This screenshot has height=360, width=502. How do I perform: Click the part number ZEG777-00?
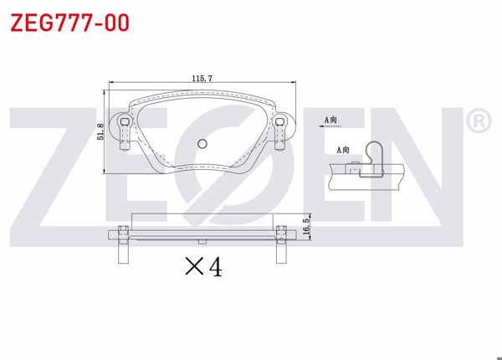69,23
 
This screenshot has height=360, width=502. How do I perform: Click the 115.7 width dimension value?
202,78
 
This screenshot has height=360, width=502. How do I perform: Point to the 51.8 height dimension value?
100,131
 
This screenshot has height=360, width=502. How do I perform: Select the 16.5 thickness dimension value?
307,228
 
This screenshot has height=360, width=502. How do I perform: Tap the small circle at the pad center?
201,143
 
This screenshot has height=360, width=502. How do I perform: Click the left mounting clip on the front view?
124,131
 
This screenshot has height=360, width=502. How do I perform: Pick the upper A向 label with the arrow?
332,121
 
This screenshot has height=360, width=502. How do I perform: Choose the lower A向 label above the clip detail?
344,150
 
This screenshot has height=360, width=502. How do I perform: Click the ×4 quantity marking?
203,267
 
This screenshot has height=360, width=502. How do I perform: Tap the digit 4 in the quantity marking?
215,267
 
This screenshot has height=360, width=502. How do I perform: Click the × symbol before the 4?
193,268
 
